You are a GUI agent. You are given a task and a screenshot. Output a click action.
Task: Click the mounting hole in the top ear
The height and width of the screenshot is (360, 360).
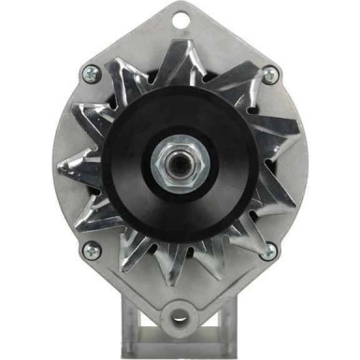click(x=180, y=16)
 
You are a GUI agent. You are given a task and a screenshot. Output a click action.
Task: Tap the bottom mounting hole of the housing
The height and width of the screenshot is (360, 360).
click(x=180, y=315)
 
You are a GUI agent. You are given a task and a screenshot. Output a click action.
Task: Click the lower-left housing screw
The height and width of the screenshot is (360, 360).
click(x=91, y=250)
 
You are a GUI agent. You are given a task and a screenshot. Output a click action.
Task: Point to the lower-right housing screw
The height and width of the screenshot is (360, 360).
click(x=269, y=250)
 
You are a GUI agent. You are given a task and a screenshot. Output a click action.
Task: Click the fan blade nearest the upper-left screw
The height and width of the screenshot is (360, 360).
click(x=117, y=89)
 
